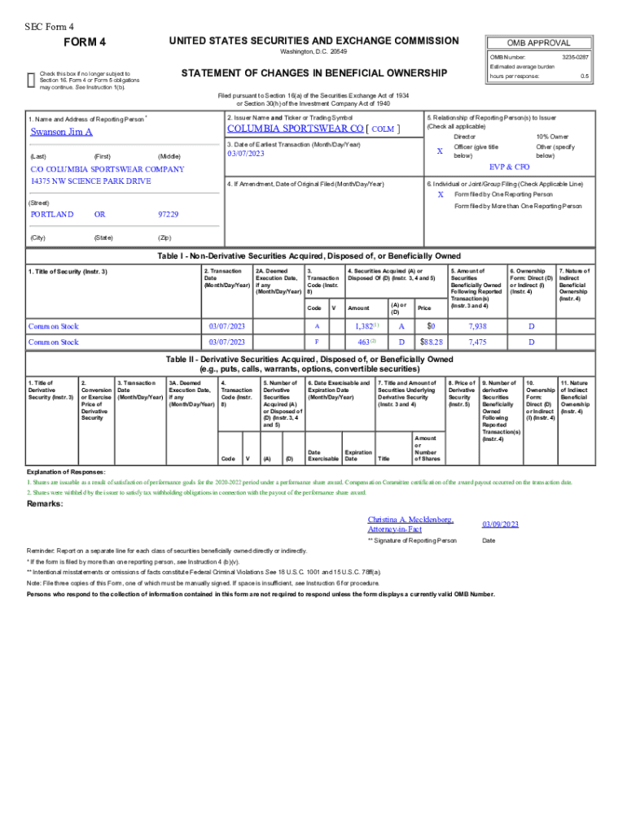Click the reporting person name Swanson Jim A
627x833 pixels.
62,132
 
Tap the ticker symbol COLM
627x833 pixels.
383,129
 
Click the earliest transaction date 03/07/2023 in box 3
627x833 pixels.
246,154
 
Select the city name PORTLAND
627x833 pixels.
51,215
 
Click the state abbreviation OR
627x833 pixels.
99,215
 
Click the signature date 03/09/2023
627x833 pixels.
499,525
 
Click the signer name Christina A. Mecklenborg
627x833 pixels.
410,520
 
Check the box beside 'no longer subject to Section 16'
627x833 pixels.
31,79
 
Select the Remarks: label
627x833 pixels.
46,504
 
